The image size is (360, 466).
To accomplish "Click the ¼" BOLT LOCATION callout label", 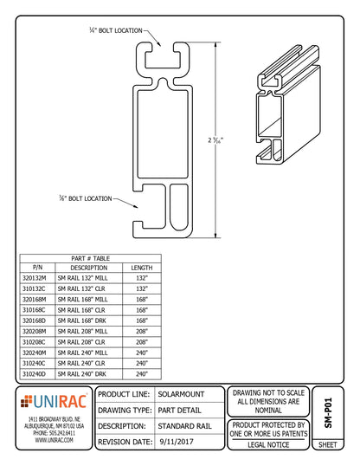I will point(118,30).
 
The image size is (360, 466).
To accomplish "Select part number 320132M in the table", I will point(37,278).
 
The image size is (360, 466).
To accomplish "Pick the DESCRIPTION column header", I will point(89,268).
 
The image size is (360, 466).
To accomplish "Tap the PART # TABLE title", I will point(89,258).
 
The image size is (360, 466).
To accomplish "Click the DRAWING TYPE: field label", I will point(126,410).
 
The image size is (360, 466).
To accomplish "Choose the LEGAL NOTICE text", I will point(269,443).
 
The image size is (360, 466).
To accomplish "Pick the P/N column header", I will point(37,268).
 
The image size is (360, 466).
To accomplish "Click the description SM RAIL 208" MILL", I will point(89,330).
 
